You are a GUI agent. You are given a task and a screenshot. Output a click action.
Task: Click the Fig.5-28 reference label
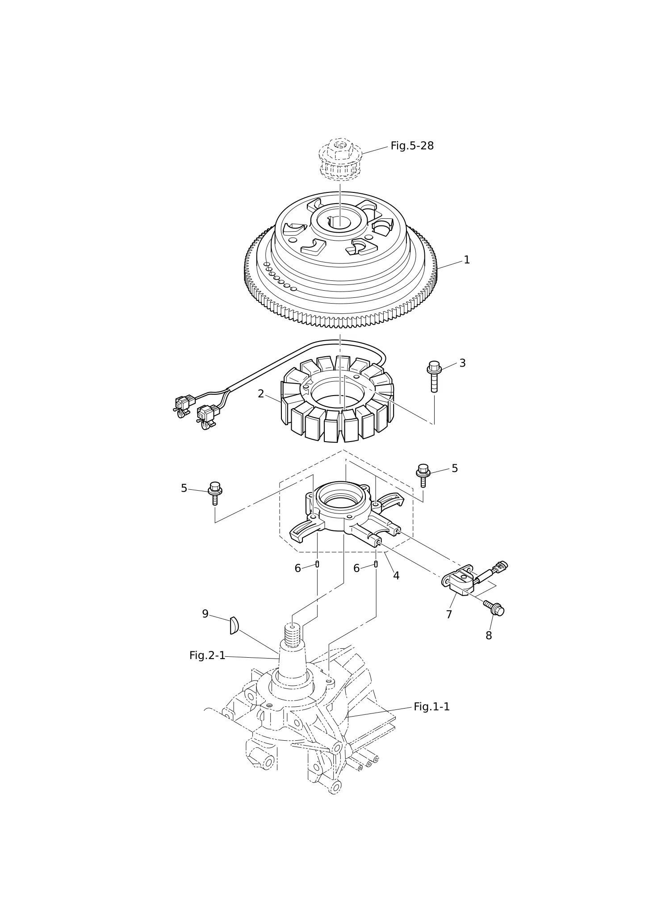tap(412, 146)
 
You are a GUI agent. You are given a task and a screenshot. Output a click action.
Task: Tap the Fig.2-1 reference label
tap(207, 655)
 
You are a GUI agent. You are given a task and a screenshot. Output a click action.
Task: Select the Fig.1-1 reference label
tap(431, 707)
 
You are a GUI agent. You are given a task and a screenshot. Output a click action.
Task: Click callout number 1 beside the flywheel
tap(467, 260)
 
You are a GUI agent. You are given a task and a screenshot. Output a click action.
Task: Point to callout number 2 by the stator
tap(261, 394)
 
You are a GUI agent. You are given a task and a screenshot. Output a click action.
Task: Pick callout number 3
tap(462, 363)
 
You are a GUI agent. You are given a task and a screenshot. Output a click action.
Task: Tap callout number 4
tap(396, 576)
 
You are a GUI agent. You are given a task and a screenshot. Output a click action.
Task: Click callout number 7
tap(449, 615)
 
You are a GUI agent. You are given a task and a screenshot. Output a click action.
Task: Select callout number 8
tap(489, 636)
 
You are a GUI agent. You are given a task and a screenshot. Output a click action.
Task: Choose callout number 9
tap(205, 614)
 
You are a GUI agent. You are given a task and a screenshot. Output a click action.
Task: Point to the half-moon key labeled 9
tap(234, 625)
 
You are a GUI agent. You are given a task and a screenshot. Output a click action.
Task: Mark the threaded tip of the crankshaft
tap(293, 635)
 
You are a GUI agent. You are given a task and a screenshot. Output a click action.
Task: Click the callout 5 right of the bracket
tap(455, 468)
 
